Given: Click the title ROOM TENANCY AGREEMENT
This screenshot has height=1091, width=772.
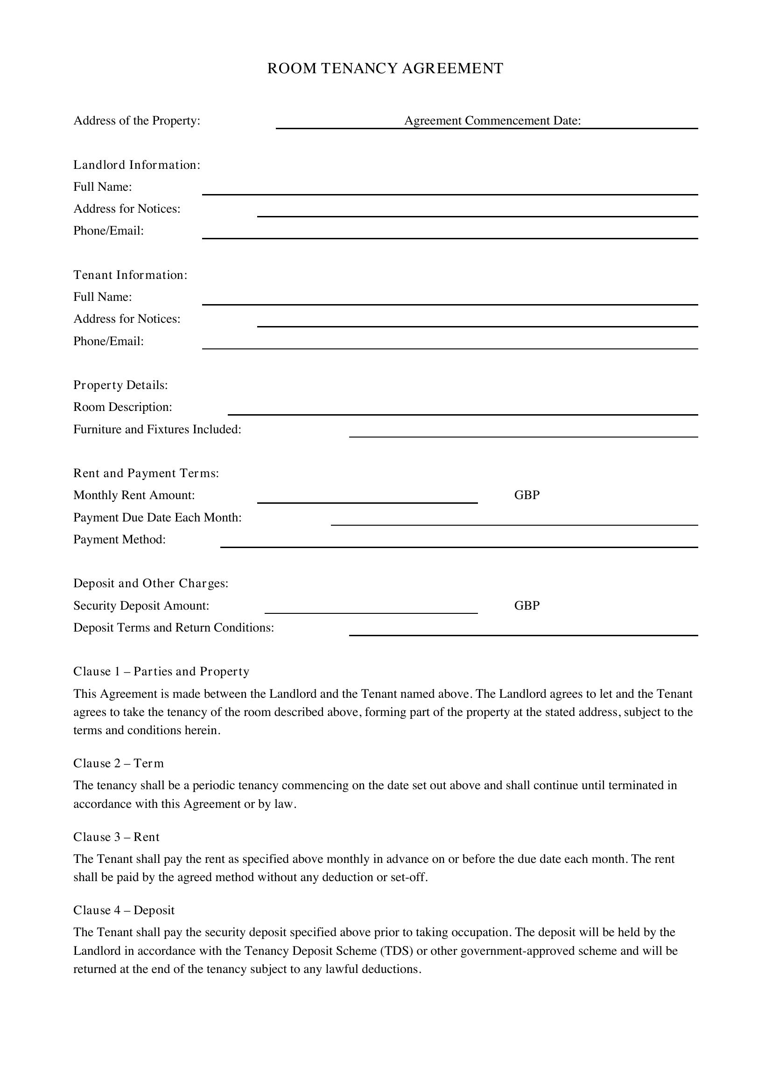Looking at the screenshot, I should click(385, 69).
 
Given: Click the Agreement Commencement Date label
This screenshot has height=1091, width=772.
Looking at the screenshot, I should click(492, 121).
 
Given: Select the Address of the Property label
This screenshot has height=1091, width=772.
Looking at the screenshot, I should click(137, 121).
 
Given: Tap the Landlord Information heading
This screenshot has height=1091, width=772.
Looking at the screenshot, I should click(137, 165).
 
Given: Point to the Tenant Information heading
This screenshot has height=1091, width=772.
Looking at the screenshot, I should click(131, 275).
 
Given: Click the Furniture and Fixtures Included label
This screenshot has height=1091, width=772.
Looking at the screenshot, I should click(157, 430).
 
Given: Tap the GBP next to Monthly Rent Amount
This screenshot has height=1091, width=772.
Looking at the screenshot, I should click(526, 495).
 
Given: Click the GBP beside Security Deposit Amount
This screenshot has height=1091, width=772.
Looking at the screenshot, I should click(526, 605).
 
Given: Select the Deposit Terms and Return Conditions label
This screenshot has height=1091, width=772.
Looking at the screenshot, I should click(174, 628).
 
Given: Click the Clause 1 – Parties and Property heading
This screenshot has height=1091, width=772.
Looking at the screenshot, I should click(161, 671).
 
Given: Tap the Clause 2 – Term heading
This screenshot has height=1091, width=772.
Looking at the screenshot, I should click(119, 764).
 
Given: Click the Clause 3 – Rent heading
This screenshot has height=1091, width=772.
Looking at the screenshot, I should click(117, 837).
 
